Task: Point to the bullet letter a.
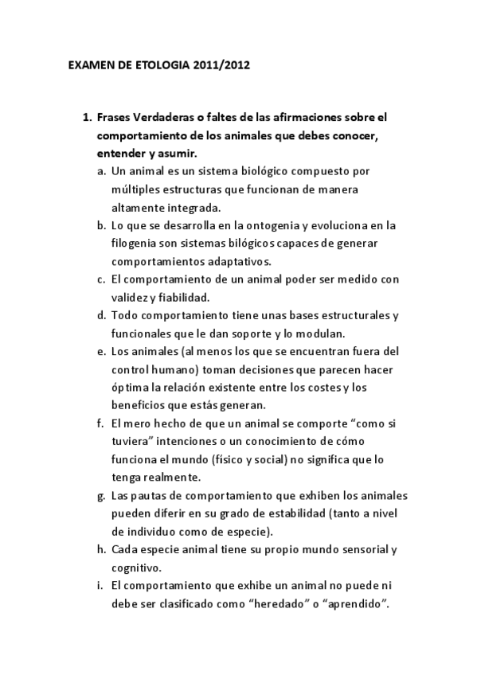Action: [x=101, y=171]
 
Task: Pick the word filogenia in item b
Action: [x=136, y=244]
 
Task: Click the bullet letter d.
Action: [x=101, y=315]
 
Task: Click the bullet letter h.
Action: [x=101, y=549]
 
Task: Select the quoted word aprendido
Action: [x=353, y=603]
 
